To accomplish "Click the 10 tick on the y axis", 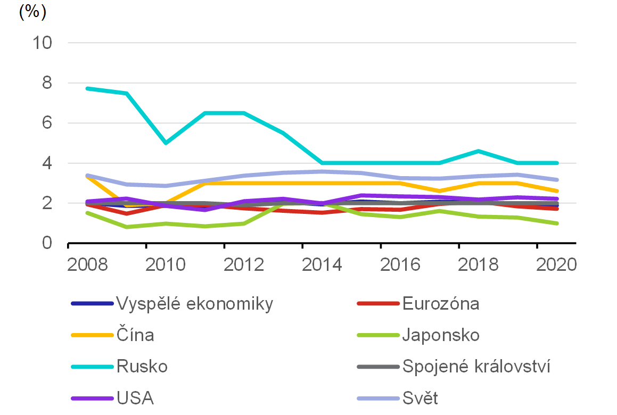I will point(42,43).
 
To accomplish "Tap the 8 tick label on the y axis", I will point(47,83).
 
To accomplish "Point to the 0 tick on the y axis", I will point(47,243).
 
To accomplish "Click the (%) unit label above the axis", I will point(32,12).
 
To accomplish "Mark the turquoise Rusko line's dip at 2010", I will point(166,143).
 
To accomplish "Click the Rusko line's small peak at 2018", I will point(479,151).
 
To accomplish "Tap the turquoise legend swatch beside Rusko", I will point(92,367).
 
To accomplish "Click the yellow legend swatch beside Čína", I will point(92,335).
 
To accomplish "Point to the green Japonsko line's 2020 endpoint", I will point(557,223).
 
